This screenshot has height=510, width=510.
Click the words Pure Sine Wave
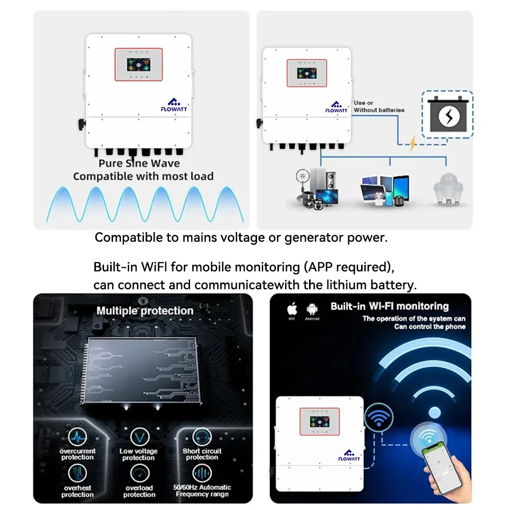coord(139,163)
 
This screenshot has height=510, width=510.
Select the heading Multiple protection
coord(145,311)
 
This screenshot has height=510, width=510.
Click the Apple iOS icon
coord(292,309)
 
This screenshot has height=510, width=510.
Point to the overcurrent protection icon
coord(78,437)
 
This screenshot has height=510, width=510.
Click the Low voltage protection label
coord(139,454)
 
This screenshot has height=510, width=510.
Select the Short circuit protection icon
coord(202,437)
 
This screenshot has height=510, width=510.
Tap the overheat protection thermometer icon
coord(78,473)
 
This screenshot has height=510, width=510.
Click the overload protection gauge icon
coord(139,473)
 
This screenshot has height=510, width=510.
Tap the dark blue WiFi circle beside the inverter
coord(378,417)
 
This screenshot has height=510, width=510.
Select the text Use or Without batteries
coord(379,106)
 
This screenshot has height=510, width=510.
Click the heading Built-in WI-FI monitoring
coord(390,307)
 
